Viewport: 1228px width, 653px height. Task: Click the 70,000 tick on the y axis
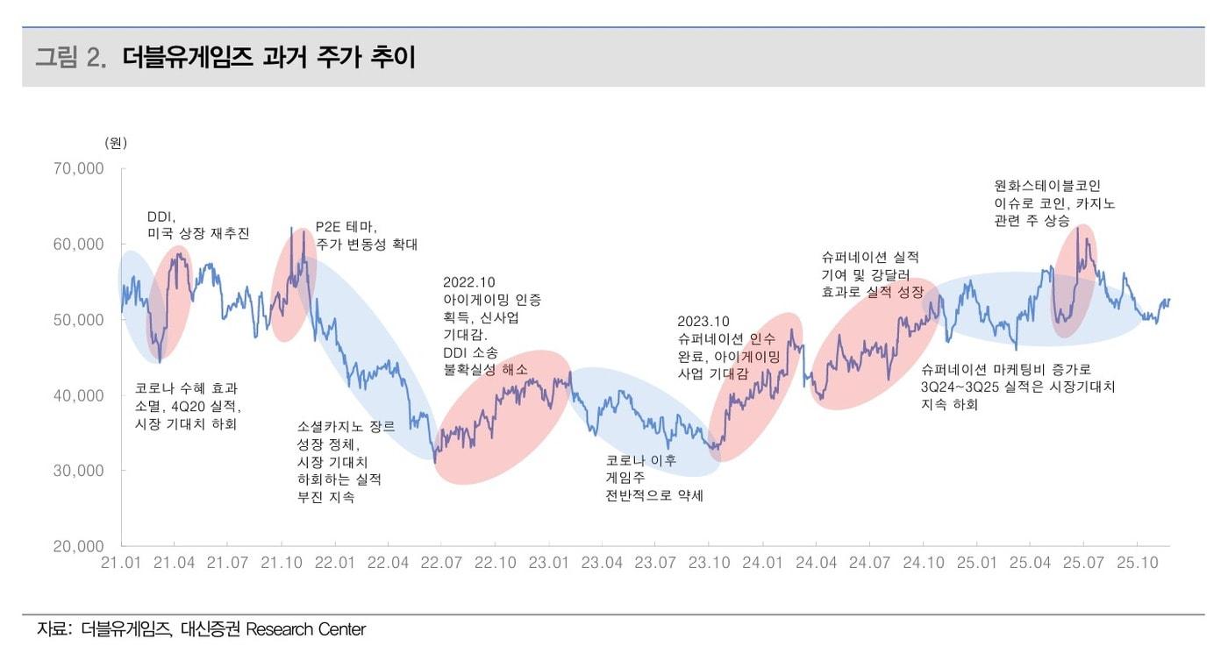click(x=79, y=168)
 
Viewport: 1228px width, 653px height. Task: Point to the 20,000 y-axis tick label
click(x=79, y=546)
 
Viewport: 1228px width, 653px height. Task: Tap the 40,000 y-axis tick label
click(x=79, y=395)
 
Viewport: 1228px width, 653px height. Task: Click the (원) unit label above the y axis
click(x=115, y=142)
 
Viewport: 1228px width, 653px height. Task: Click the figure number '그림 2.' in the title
click(x=70, y=58)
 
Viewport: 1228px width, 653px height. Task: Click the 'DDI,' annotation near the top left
click(x=161, y=216)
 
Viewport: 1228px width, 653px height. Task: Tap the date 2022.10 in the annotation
click(x=468, y=282)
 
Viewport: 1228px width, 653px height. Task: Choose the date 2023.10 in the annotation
click(x=703, y=322)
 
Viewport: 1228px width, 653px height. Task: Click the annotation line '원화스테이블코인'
click(x=1046, y=186)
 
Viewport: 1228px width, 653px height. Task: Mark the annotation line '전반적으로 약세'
click(x=653, y=495)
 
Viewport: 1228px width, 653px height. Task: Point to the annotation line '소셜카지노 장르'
click(x=346, y=427)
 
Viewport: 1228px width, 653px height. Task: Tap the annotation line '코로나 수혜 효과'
click(x=186, y=388)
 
